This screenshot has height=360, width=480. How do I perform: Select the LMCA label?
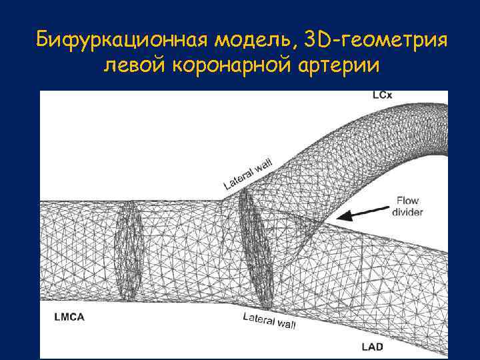[69, 317]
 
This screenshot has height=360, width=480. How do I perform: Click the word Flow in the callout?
[407, 200]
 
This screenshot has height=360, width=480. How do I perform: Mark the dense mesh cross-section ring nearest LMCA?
[128, 250]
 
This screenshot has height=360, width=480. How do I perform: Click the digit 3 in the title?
[307, 41]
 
